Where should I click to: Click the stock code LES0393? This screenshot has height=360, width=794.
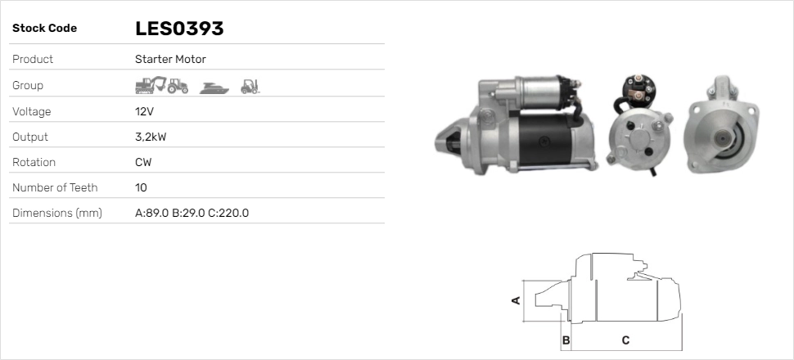[179, 29]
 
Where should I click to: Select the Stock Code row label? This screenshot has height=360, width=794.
[44, 29]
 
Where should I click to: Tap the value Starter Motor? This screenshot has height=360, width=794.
[170, 59]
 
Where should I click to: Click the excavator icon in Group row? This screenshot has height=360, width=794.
[151, 85]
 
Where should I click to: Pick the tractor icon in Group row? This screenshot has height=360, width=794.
[178, 86]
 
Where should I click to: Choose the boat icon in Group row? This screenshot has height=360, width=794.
[214, 88]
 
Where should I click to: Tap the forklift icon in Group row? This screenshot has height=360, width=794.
[250, 87]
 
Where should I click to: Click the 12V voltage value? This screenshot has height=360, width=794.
[144, 111]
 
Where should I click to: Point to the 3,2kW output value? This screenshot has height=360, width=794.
[151, 137]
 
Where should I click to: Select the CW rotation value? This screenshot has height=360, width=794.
[143, 163]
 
